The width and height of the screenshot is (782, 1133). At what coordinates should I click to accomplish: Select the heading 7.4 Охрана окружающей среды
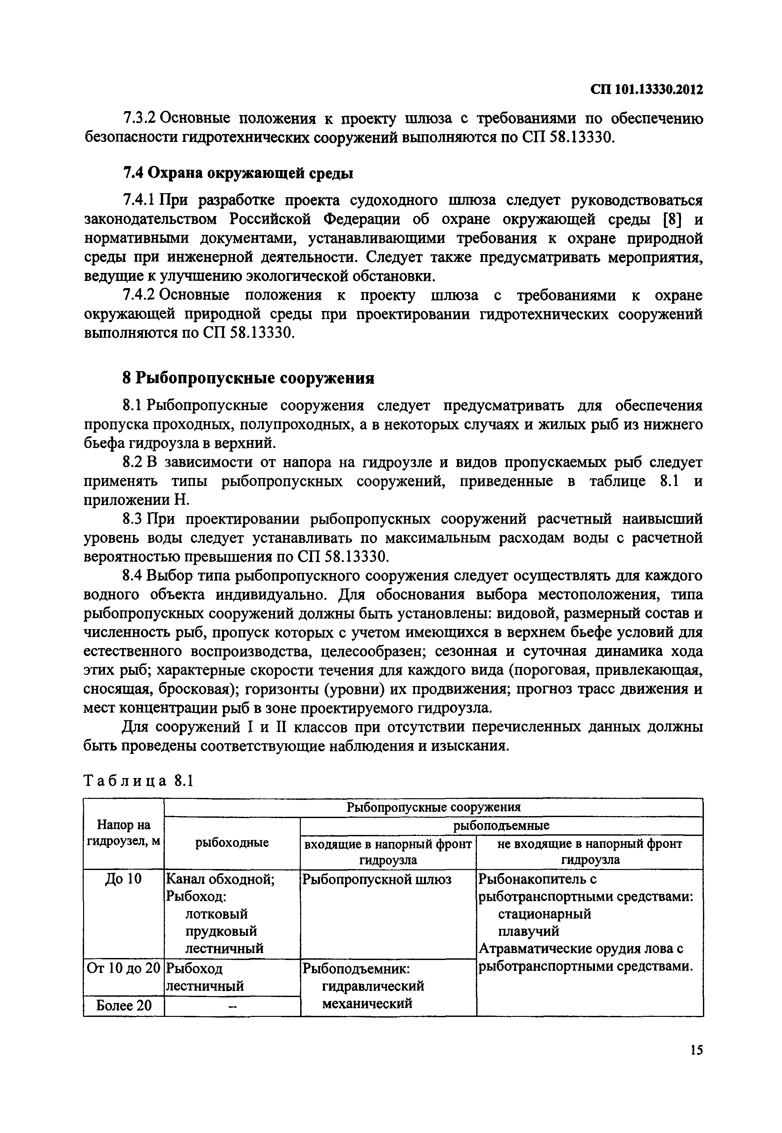click(237, 173)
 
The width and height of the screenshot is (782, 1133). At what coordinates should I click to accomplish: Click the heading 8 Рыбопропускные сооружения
click(248, 378)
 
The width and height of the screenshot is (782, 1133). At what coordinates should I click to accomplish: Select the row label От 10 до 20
click(123, 968)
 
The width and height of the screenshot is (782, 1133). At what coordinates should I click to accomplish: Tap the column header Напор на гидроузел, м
click(123, 833)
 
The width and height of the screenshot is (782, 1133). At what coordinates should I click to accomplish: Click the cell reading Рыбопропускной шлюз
click(377, 879)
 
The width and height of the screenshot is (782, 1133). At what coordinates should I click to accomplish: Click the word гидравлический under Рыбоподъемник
click(373, 985)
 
